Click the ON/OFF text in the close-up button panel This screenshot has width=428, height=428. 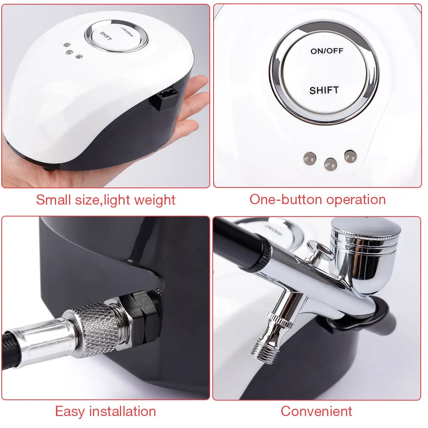pyautogui.click(x=327, y=51)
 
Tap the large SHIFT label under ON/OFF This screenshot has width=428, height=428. pyautogui.click(x=324, y=90)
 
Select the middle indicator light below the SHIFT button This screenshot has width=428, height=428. pyautogui.click(x=330, y=164)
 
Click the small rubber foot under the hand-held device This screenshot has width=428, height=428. pyautogui.click(x=49, y=169)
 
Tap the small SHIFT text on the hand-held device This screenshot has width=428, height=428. pyautogui.click(x=106, y=36)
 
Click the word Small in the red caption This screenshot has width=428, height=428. pyautogui.click(x=53, y=199)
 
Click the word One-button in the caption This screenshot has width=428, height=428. pyautogui.click(x=286, y=199)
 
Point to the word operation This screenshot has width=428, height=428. pyautogui.click(x=356, y=200)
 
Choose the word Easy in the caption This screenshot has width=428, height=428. pyautogui.click(x=70, y=412)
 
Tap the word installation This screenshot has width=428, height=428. pyautogui.click(x=122, y=411)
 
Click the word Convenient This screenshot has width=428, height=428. pyautogui.click(x=316, y=411)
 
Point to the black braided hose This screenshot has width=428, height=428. pyautogui.click(x=11, y=352)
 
